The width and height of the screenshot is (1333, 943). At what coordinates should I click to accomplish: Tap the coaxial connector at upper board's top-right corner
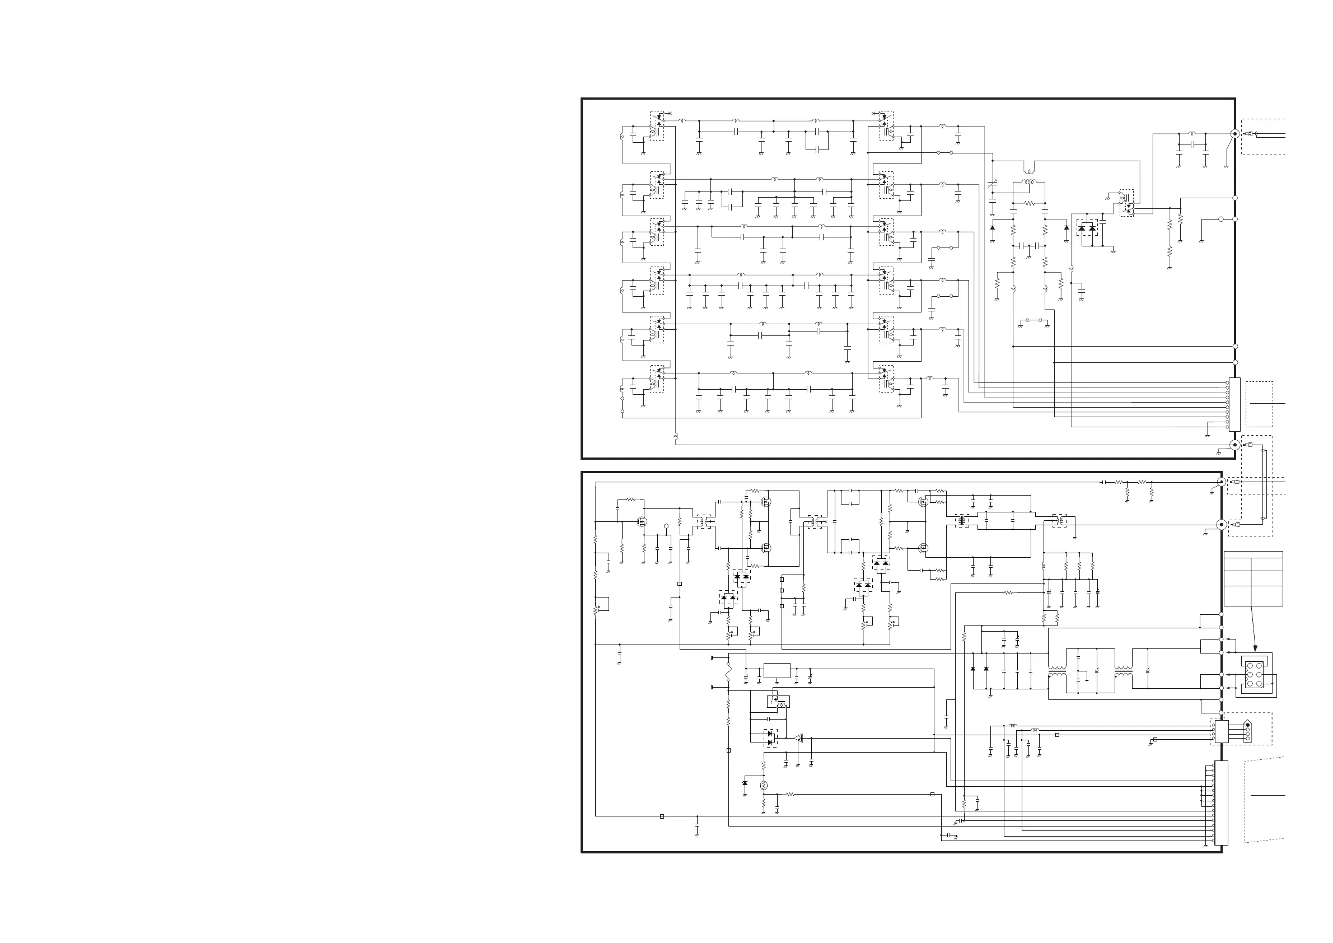tap(1235, 133)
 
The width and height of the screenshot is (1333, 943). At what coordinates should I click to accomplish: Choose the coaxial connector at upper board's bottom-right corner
tap(1235, 445)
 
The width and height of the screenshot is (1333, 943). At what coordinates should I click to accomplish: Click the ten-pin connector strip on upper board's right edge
tap(1234, 405)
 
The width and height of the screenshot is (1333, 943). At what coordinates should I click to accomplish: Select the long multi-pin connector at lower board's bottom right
tap(1222, 803)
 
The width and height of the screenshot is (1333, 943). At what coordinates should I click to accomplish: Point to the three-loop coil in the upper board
tap(1029, 183)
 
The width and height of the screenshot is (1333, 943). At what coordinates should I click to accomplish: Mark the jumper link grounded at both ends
tap(1034, 320)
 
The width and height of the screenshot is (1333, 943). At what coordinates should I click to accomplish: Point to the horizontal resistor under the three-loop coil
tap(1029, 203)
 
